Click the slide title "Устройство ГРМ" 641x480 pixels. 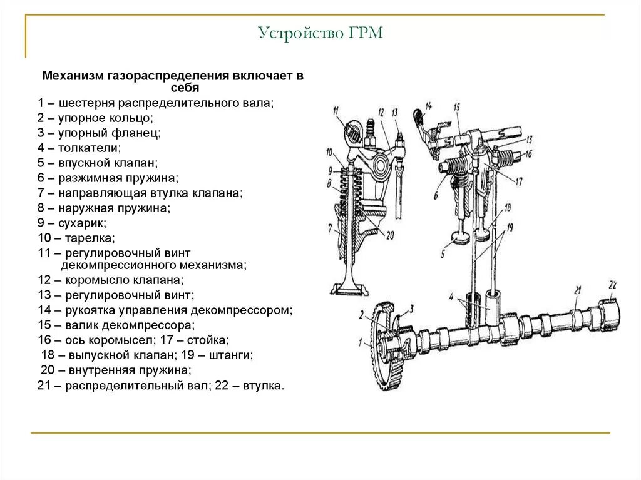pyautogui.click(x=320, y=32)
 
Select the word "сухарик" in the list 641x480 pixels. pyautogui.click(x=83, y=223)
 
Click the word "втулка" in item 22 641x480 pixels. pyautogui.click(x=265, y=386)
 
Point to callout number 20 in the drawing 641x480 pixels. pyautogui.click(x=390, y=235)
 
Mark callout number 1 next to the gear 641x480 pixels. pyautogui.click(x=360, y=342)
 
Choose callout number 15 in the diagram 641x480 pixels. pyautogui.click(x=457, y=107)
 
